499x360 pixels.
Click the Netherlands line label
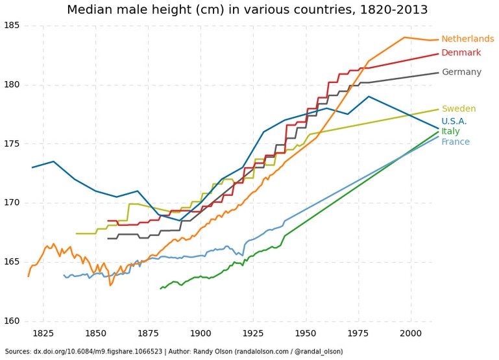click(x=467, y=39)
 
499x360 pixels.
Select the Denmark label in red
click(x=461, y=53)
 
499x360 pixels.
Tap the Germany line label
click(x=461, y=72)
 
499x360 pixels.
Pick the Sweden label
click(x=459, y=109)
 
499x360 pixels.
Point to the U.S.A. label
click(x=454, y=121)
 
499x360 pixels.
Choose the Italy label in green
click(x=450, y=132)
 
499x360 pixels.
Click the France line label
click(x=456, y=142)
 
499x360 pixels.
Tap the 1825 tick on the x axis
click(x=43, y=333)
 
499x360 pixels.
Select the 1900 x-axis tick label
click(x=201, y=333)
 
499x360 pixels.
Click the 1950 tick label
click(x=306, y=333)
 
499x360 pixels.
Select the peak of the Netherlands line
click(x=404, y=37)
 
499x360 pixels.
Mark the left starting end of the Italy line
click(x=160, y=288)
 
